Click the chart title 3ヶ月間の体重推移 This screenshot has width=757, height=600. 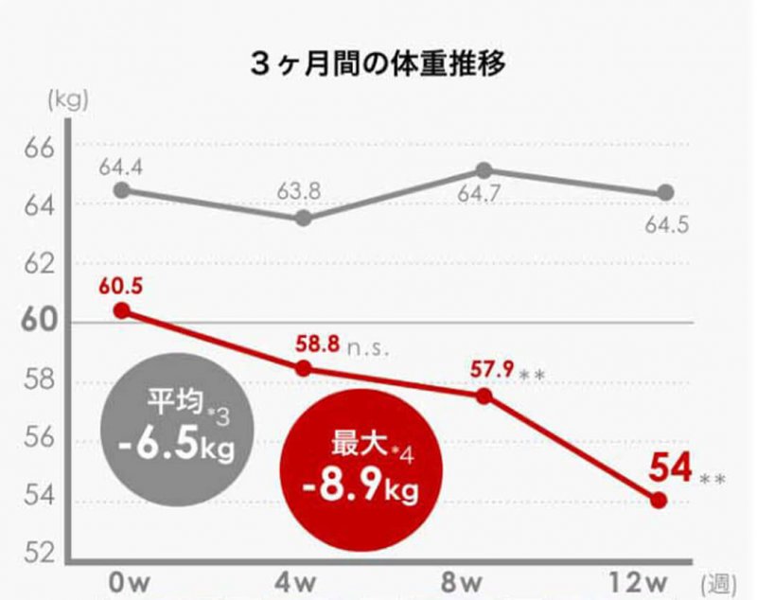(378, 64)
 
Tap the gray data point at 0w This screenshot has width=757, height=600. (121, 190)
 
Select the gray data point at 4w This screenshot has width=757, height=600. (304, 219)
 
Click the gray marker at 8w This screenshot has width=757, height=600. (484, 170)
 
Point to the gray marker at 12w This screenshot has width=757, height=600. (665, 193)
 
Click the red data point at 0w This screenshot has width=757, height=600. (121, 310)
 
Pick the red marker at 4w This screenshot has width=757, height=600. (304, 368)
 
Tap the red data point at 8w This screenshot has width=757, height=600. (484, 396)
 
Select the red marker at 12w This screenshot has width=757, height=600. (660, 501)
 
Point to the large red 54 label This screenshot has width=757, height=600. (670, 468)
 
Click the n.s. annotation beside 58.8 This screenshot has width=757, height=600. (368, 346)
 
